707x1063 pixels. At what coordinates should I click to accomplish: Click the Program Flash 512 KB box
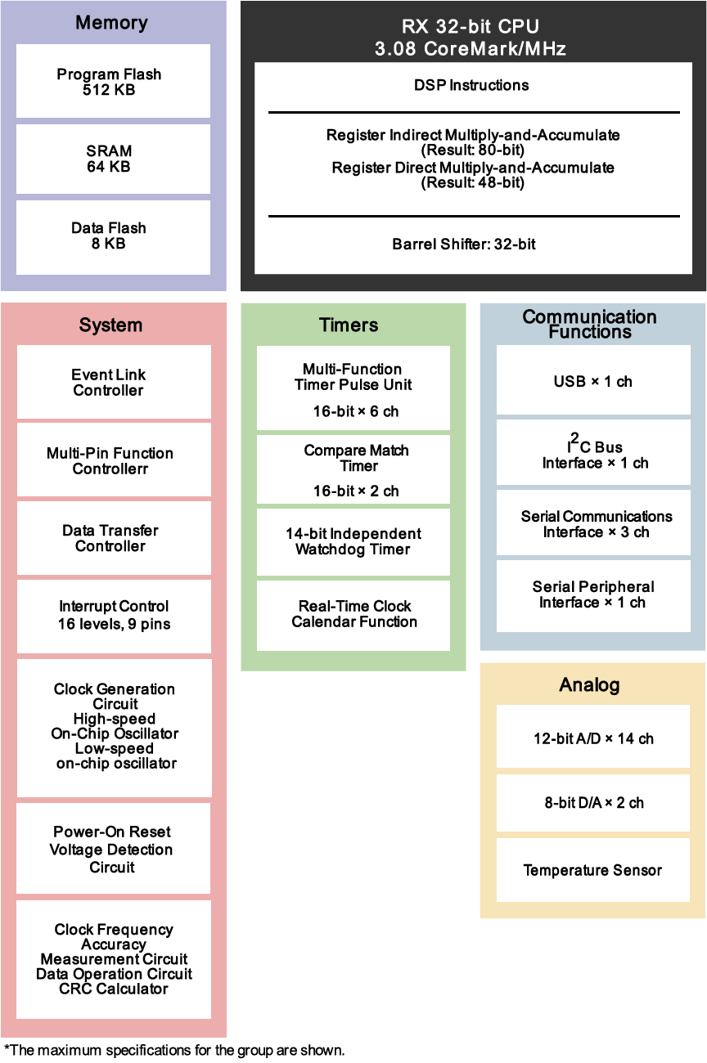113,81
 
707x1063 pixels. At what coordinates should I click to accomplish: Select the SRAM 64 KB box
113,159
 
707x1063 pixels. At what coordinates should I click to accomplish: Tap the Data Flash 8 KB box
113,237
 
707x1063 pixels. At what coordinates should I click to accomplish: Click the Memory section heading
111,23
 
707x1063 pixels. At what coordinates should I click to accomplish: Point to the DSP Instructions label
471,85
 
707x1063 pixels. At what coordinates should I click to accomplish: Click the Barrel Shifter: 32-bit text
463,244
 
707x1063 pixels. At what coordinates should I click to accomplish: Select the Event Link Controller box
114,382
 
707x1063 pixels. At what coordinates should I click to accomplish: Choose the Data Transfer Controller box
114,538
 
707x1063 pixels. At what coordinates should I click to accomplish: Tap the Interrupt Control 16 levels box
114,617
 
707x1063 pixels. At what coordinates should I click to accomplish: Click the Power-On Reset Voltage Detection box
114,849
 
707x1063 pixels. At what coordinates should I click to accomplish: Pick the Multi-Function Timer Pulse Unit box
353,388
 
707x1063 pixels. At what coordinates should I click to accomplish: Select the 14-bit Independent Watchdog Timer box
353,542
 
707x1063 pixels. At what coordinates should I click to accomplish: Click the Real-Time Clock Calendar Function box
353,616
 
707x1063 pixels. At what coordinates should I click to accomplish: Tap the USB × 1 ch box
593,379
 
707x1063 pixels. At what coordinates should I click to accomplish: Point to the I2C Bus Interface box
593,452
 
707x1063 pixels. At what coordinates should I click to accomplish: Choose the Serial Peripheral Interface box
593,596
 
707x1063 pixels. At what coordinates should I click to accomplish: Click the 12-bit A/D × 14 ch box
593,736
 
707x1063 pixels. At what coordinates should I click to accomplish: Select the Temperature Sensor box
593,870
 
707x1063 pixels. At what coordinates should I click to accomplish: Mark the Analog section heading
589,684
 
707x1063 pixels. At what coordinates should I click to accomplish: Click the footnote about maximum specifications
174,1050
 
